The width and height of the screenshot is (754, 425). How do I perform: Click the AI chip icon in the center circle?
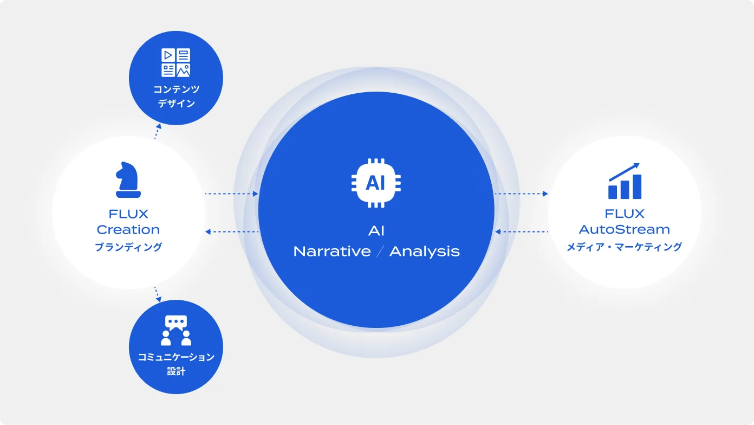376,183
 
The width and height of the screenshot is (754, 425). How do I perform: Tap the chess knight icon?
128,179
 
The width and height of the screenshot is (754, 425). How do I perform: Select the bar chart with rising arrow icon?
625,181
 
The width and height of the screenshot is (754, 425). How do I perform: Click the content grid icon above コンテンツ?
176,62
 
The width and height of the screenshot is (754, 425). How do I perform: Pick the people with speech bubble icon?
176,330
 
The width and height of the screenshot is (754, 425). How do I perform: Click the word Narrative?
332,252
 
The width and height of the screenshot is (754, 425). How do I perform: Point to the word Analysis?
424,252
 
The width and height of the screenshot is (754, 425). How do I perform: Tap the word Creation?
128,229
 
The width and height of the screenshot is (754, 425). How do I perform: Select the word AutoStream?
625,229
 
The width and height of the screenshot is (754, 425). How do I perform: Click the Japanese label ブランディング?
128,247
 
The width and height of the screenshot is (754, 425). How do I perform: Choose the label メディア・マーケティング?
625,247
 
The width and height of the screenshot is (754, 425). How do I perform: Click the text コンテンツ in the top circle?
176,89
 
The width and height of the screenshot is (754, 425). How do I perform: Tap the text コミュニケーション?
176,357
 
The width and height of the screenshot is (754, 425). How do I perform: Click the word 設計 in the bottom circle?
176,371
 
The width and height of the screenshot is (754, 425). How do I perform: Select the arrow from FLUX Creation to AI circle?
231,194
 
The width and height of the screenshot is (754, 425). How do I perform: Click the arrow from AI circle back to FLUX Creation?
231,232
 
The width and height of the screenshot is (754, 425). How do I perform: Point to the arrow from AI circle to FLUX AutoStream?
521,194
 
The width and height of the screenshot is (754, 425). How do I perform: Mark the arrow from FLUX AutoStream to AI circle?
521,232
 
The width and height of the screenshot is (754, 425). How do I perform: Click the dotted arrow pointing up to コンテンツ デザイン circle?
157,131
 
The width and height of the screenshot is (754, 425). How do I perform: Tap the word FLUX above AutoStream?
625,214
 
